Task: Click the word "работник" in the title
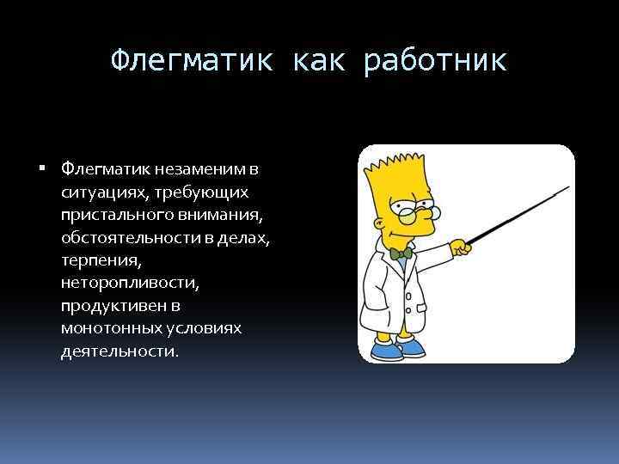(x=436, y=61)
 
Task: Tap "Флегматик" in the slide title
(x=193, y=61)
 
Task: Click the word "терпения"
(x=97, y=259)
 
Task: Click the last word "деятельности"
(x=119, y=351)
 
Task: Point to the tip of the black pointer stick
(x=569, y=186)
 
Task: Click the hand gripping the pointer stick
(x=463, y=247)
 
